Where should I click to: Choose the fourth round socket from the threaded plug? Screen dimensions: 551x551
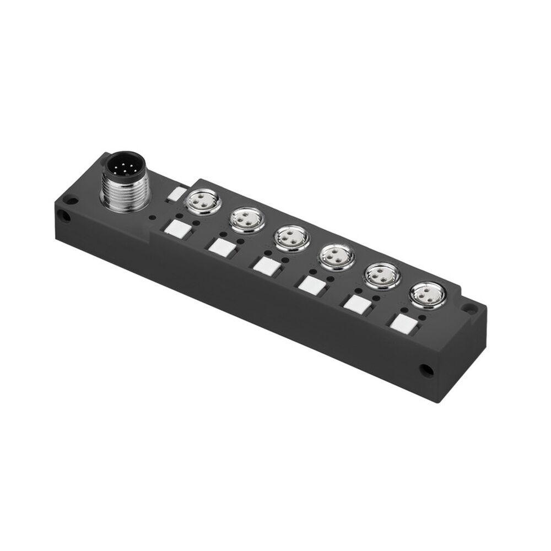point(334,256)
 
